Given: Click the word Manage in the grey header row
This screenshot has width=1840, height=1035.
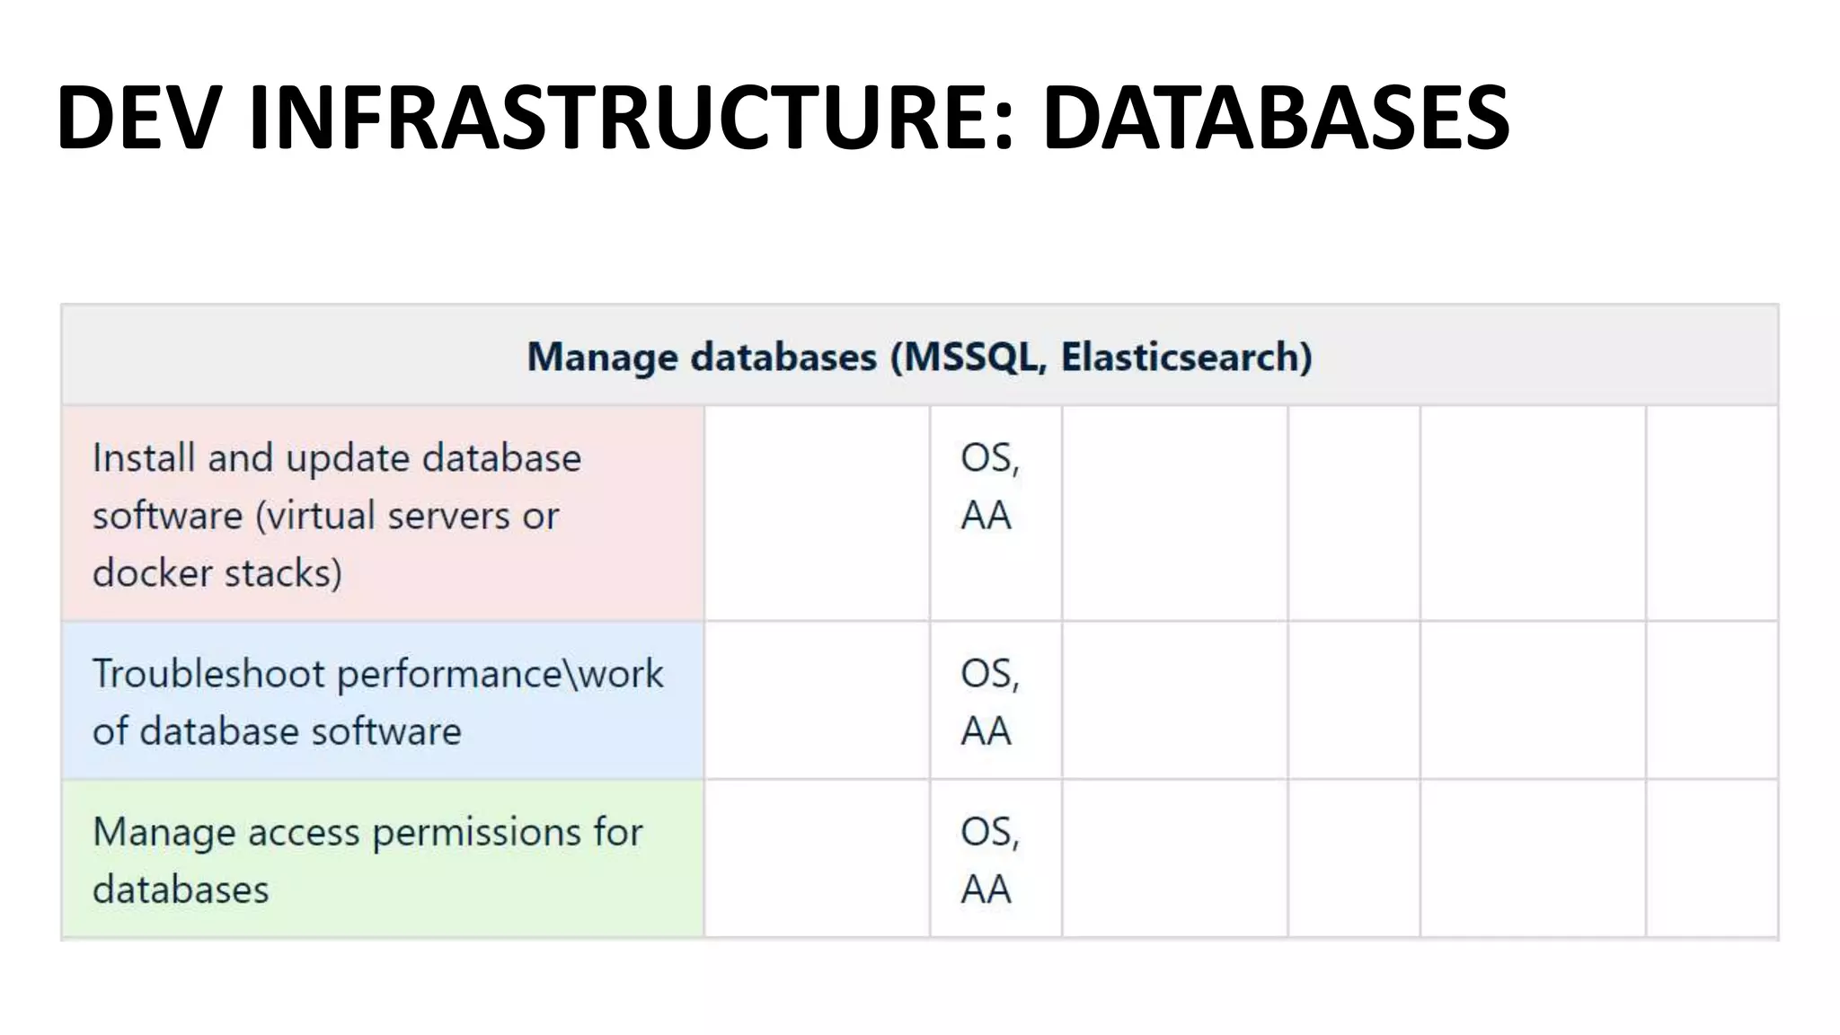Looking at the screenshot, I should pyautogui.click(x=602, y=357).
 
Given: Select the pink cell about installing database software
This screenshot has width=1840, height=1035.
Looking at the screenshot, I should pyautogui.click(x=383, y=514).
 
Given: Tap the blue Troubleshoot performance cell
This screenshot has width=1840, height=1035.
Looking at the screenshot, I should pyautogui.click(x=383, y=701).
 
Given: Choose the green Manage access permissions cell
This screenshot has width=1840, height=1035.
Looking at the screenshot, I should pyautogui.click(x=383, y=859).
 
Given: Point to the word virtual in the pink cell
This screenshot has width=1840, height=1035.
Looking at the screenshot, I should pyautogui.click(x=315, y=516).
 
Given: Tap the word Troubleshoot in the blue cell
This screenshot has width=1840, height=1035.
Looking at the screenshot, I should pyautogui.click(x=208, y=674).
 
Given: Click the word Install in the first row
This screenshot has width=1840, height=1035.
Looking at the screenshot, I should pyautogui.click(x=144, y=458).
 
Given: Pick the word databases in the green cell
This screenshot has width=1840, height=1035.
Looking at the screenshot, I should pyautogui.click(x=181, y=889).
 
